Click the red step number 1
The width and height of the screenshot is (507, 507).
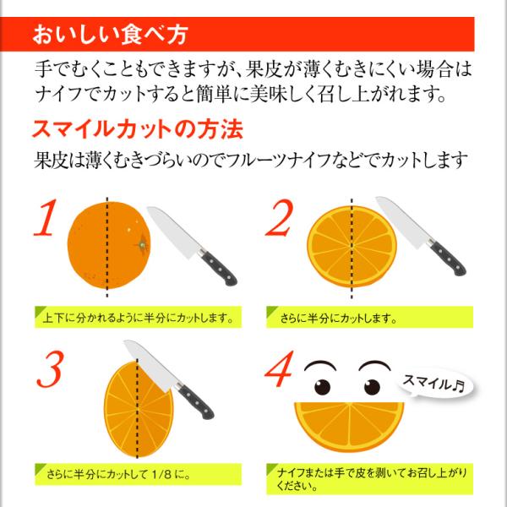[x=46, y=218]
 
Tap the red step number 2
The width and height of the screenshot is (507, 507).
[x=280, y=218]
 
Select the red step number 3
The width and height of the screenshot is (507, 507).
[x=49, y=369]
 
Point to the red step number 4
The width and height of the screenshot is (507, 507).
[x=280, y=369]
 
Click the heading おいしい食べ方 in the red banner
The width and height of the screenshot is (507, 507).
[x=110, y=35]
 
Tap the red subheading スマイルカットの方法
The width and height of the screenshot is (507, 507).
[x=138, y=129]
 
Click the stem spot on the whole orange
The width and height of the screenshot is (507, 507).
[x=143, y=245]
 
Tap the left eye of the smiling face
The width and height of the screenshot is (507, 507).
[x=322, y=387]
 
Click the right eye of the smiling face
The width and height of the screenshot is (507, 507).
[x=372, y=387]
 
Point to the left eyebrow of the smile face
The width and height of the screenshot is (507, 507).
[x=320, y=365]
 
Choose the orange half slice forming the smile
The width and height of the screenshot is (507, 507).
[x=349, y=426]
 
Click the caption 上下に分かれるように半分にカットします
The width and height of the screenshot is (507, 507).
[x=139, y=319]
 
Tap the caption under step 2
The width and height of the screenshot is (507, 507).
[x=339, y=319]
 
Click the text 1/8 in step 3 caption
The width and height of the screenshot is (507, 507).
[x=161, y=475]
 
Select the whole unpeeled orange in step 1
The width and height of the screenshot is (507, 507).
[x=109, y=245]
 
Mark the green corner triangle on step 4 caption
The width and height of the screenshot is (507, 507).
[x=271, y=468]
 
